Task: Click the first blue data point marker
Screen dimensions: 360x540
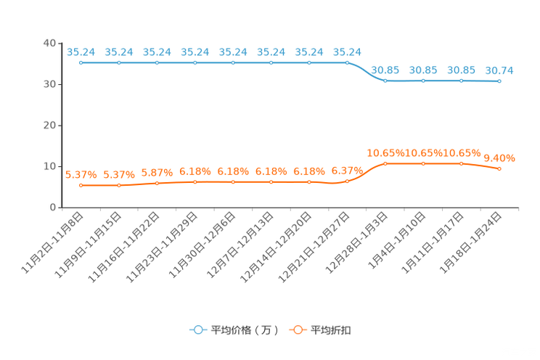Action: pos(81,62)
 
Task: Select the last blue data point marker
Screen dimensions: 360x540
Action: pos(499,81)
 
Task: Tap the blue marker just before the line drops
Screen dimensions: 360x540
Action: pos(347,62)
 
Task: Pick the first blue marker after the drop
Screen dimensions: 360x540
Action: pos(385,80)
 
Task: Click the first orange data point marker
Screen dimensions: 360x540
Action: pos(81,186)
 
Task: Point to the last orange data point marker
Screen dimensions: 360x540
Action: pos(499,168)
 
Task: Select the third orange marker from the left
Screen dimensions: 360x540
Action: pos(157,184)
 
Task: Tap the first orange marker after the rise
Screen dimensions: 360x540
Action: pos(385,164)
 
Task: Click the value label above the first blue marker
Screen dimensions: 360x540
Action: pos(81,52)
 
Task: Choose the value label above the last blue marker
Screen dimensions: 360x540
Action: pos(499,70)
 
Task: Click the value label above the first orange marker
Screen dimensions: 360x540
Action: pos(81,175)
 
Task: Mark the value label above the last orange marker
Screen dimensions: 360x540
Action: pos(499,157)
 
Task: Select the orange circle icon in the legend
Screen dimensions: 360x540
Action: pos(297,330)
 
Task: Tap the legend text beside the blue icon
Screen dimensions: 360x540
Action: pos(245,330)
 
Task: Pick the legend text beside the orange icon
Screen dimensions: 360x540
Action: pos(332,330)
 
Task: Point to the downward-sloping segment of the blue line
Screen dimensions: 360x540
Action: pos(366,73)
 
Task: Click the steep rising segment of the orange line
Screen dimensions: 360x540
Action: pos(366,172)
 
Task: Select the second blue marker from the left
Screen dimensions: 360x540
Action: pos(119,62)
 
